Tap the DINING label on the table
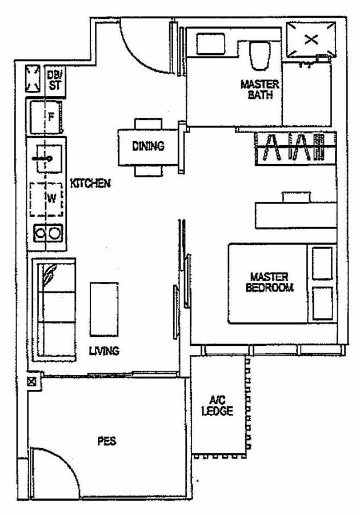[x=148, y=146]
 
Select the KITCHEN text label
[x=90, y=183]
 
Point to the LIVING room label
[x=104, y=350]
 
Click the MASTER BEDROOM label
[x=269, y=282]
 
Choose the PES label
[x=106, y=441]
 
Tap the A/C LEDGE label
[x=217, y=405]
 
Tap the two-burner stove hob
[x=47, y=233]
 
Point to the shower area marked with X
[x=310, y=39]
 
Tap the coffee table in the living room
[x=103, y=309]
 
